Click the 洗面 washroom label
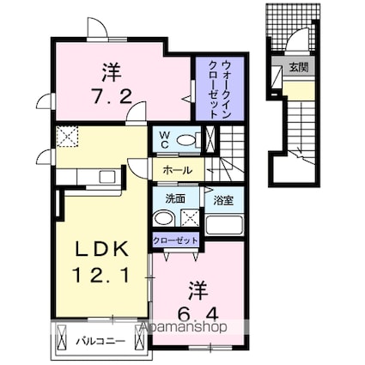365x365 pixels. pos(175,198)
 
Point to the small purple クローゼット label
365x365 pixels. pos(176,240)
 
